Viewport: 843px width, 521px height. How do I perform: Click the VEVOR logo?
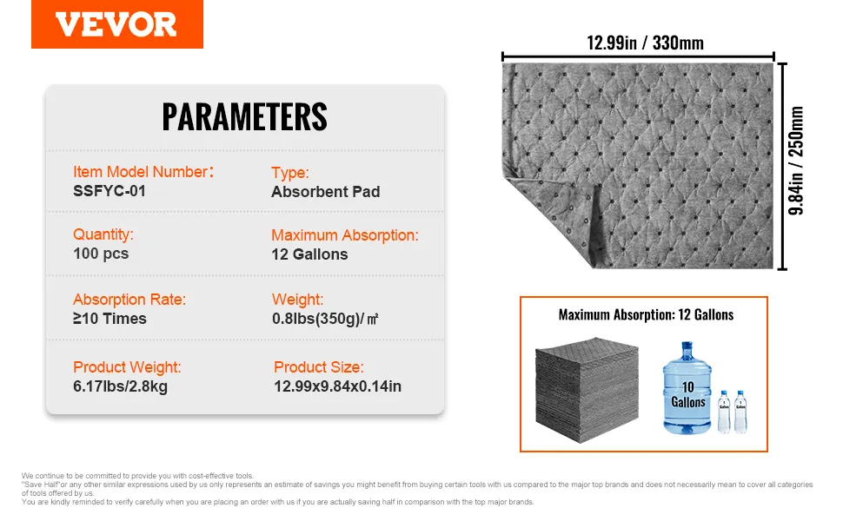coord(116,24)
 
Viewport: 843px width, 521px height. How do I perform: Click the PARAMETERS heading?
coord(244,116)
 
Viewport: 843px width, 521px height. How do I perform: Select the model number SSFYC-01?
coord(110,191)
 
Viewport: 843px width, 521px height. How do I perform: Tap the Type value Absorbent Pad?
coord(325,192)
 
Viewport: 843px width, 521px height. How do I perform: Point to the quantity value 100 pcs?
coord(101,254)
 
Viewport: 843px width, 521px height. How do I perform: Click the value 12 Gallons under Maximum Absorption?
coord(309,254)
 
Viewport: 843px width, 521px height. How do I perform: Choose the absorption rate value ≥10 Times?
coord(110,319)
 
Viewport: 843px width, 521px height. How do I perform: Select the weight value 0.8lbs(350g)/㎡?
coord(325,319)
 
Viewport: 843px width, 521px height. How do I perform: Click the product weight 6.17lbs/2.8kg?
coord(121,386)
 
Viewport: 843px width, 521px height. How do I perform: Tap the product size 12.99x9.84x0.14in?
coord(337,386)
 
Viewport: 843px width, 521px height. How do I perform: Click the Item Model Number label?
coord(143,172)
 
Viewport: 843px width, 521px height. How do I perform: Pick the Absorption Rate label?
coord(129,300)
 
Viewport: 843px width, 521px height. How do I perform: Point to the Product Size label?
coord(319,366)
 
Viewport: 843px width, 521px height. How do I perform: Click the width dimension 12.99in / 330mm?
coord(645,43)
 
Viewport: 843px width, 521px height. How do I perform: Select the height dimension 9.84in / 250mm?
coord(796,161)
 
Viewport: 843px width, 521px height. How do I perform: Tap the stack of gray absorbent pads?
coord(587,389)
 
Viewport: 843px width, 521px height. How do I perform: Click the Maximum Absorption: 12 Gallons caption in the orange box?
coord(646,314)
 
